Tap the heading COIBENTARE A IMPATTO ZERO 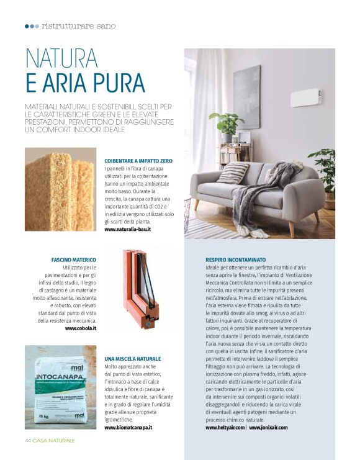coord(138,161)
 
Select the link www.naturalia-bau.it coord(128,230)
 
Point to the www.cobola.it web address coord(81,328)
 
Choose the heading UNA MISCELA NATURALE coord(133,359)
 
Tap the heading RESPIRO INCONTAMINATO coord(236,259)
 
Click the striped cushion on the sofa coord(232,173)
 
